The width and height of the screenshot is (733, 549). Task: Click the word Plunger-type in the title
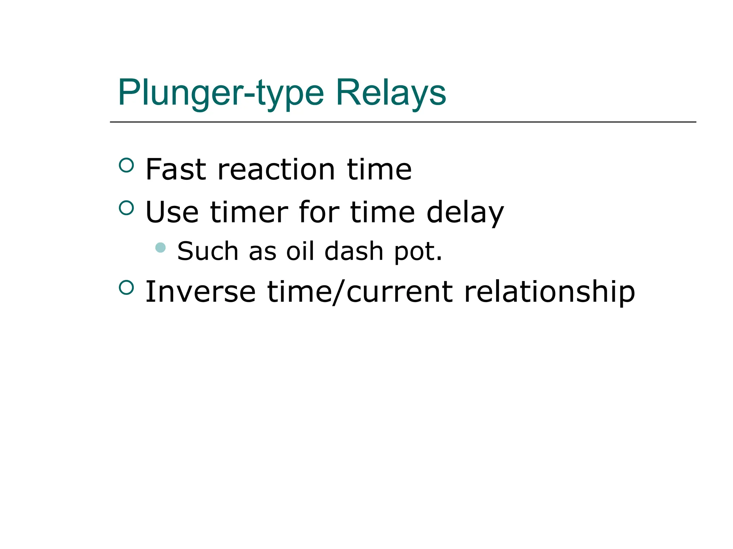point(221,93)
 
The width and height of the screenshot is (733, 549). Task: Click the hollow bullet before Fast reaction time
point(126,165)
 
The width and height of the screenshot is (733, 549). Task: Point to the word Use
point(172,212)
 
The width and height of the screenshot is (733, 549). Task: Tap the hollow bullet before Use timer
point(126,208)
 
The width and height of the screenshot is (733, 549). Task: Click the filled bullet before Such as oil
point(161,247)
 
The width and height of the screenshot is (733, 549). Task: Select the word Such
point(208,251)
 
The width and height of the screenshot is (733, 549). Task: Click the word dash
point(354,251)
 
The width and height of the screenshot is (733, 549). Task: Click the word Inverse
point(200,292)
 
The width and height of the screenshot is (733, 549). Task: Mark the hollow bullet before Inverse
point(126,287)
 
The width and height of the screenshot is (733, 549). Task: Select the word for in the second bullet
point(319,212)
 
